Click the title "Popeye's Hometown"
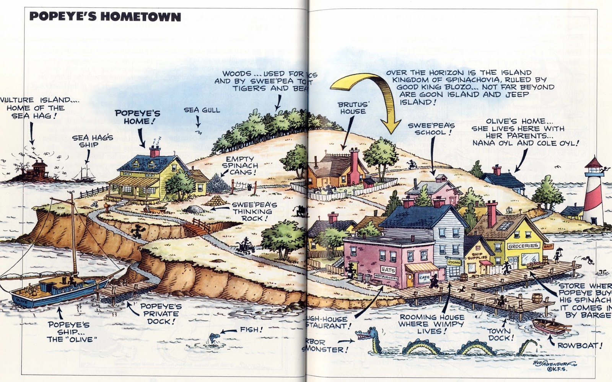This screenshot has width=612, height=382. (105, 17)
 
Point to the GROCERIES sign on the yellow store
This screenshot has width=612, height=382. (523, 246)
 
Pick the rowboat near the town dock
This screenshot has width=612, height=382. (551, 326)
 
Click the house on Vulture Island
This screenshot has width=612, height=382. (39, 168)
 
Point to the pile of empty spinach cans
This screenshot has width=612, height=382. (218, 183)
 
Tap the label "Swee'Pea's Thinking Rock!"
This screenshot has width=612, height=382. (252, 211)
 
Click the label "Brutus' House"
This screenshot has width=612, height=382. (353, 108)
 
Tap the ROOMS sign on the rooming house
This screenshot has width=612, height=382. (454, 263)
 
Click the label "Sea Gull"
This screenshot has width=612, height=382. (202, 110)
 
